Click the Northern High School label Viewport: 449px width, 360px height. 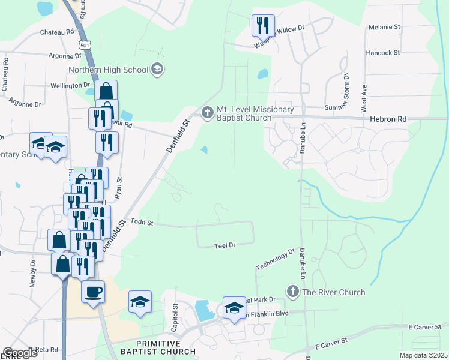(108, 70)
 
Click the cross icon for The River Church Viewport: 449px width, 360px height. (293, 292)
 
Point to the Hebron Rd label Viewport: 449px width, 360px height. (390, 119)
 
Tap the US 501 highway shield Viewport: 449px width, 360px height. (84, 45)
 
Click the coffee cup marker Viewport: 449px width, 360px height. (93, 292)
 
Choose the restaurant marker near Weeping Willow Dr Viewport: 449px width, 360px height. (263, 26)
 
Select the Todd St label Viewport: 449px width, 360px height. (142, 223)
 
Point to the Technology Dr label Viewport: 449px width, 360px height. (275, 259)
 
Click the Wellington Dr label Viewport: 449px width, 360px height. (70, 85)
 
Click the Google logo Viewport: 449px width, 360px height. (20, 353)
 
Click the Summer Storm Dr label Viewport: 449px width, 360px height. (348, 107)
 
